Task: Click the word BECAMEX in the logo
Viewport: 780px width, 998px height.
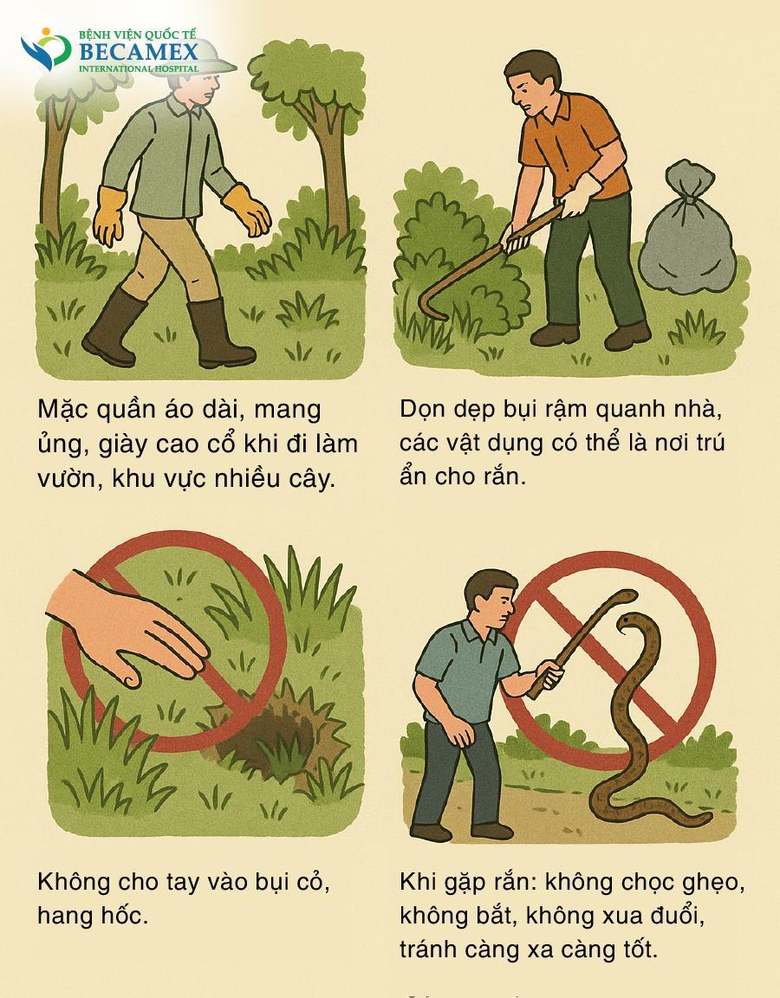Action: click(x=139, y=52)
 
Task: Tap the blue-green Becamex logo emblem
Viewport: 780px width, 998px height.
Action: click(x=45, y=50)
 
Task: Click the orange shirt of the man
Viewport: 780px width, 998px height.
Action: click(x=572, y=143)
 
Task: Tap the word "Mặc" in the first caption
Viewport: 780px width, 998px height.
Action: click(x=66, y=410)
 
